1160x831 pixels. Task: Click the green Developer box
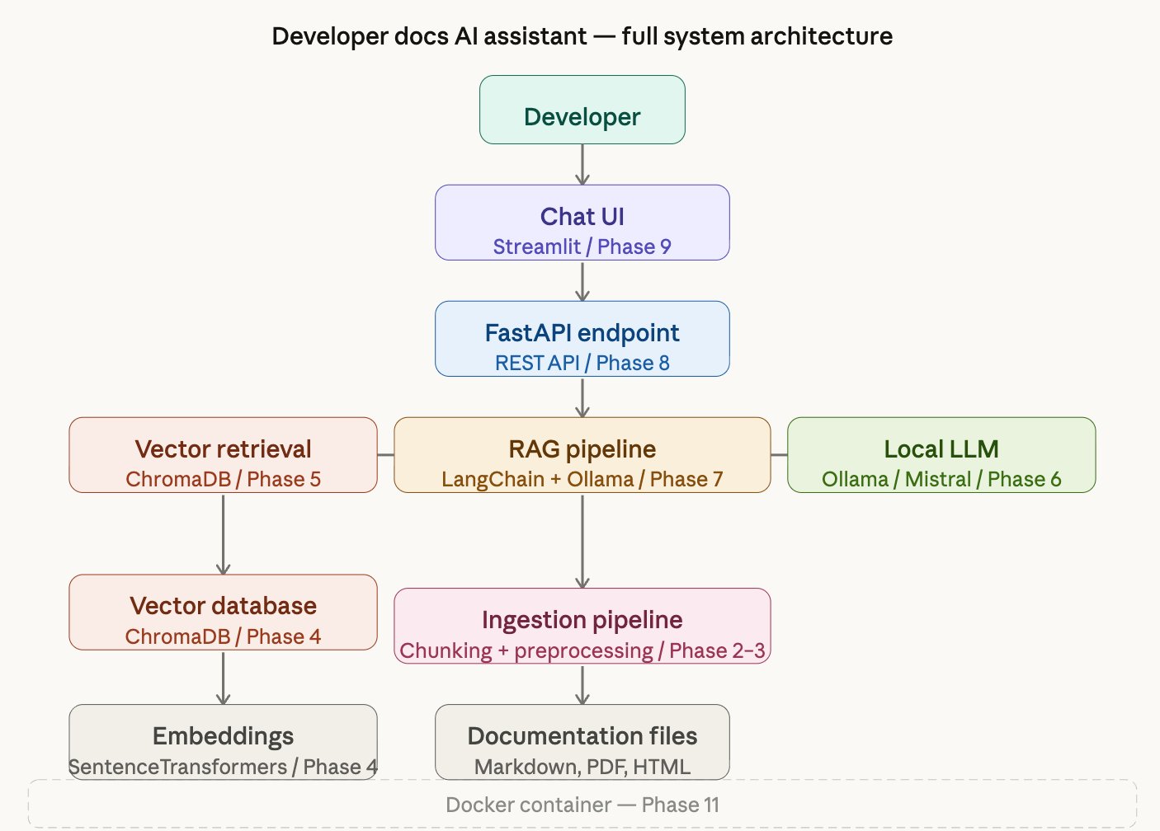tap(582, 110)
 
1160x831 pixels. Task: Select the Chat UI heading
tap(582, 216)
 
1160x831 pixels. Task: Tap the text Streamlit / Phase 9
tap(582, 246)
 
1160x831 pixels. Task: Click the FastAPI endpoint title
tap(582, 332)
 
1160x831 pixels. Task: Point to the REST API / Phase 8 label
tap(582, 363)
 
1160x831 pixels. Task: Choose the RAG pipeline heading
tap(582, 448)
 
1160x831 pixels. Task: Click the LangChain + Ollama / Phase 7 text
tap(582, 479)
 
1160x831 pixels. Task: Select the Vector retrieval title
tap(223, 448)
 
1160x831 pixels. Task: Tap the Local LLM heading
tap(941, 448)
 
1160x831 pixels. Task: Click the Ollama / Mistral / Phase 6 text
tap(941, 479)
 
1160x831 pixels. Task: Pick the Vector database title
tap(223, 605)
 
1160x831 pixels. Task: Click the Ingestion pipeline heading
tap(582, 619)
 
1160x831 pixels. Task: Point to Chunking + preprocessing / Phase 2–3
tap(582, 650)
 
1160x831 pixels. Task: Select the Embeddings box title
tap(223, 735)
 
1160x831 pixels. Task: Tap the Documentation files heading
tap(582, 735)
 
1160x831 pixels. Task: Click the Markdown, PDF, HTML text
tap(582, 767)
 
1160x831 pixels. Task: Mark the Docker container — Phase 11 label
tap(582, 805)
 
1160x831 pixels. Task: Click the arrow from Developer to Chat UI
tap(582, 164)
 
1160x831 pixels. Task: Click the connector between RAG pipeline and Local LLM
tap(779, 454)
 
